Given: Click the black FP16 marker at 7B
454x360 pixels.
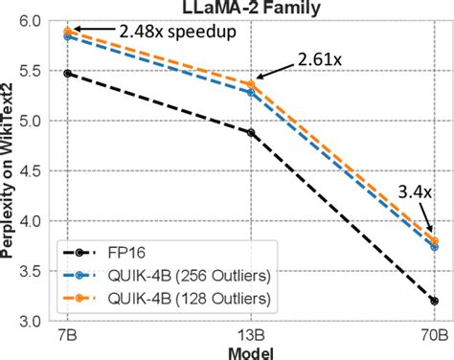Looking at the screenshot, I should (x=67, y=73).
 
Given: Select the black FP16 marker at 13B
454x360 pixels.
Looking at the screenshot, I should (x=251, y=132).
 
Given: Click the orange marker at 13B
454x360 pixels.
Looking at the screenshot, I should (x=251, y=84).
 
